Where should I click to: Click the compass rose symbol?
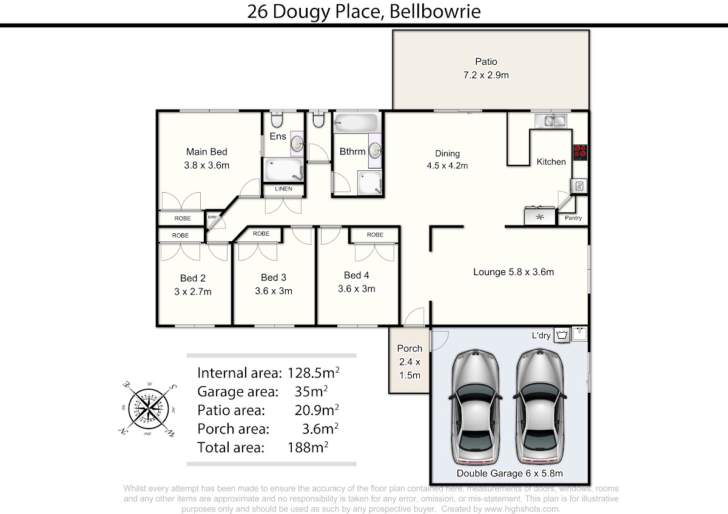coord(148,409)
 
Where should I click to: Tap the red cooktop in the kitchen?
coord(580,152)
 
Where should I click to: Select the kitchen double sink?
coord(551,121)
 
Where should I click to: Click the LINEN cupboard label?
coord(283,189)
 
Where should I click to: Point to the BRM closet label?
coord(212,217)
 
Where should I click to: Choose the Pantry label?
coord(573,218)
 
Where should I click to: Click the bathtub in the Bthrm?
coord(356,122)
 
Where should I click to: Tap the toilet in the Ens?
coord(277,119)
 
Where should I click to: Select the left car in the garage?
coord(476,407)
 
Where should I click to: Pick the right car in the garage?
coord(540,407)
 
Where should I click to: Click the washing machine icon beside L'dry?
coord(562,335)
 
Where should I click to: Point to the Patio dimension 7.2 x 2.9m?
coord(486,75)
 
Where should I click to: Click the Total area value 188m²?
coord(308,447)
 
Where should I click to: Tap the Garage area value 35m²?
coord(311,392)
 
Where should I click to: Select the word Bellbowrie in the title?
coord(435,12)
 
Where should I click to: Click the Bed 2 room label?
coord(193,278)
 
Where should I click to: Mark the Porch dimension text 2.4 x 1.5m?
coord(410,369)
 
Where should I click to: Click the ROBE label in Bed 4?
coord(375,235)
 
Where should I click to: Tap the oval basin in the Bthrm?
coord(375,150)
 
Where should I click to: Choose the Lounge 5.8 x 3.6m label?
coord(513,272)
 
